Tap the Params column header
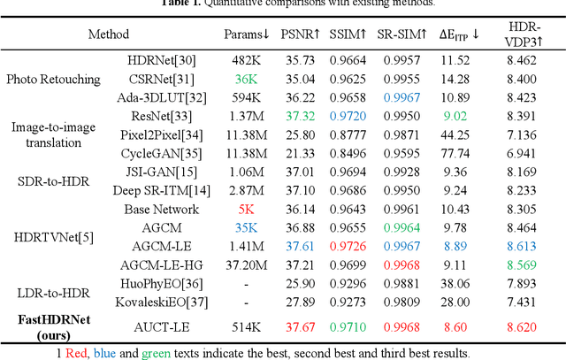click(247, 34)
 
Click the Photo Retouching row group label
click(53, 79)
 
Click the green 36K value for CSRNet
click(246, 78)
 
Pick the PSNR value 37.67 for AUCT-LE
click(299, 326)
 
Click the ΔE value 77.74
click(459, 153)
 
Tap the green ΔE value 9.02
click(459, 116)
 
